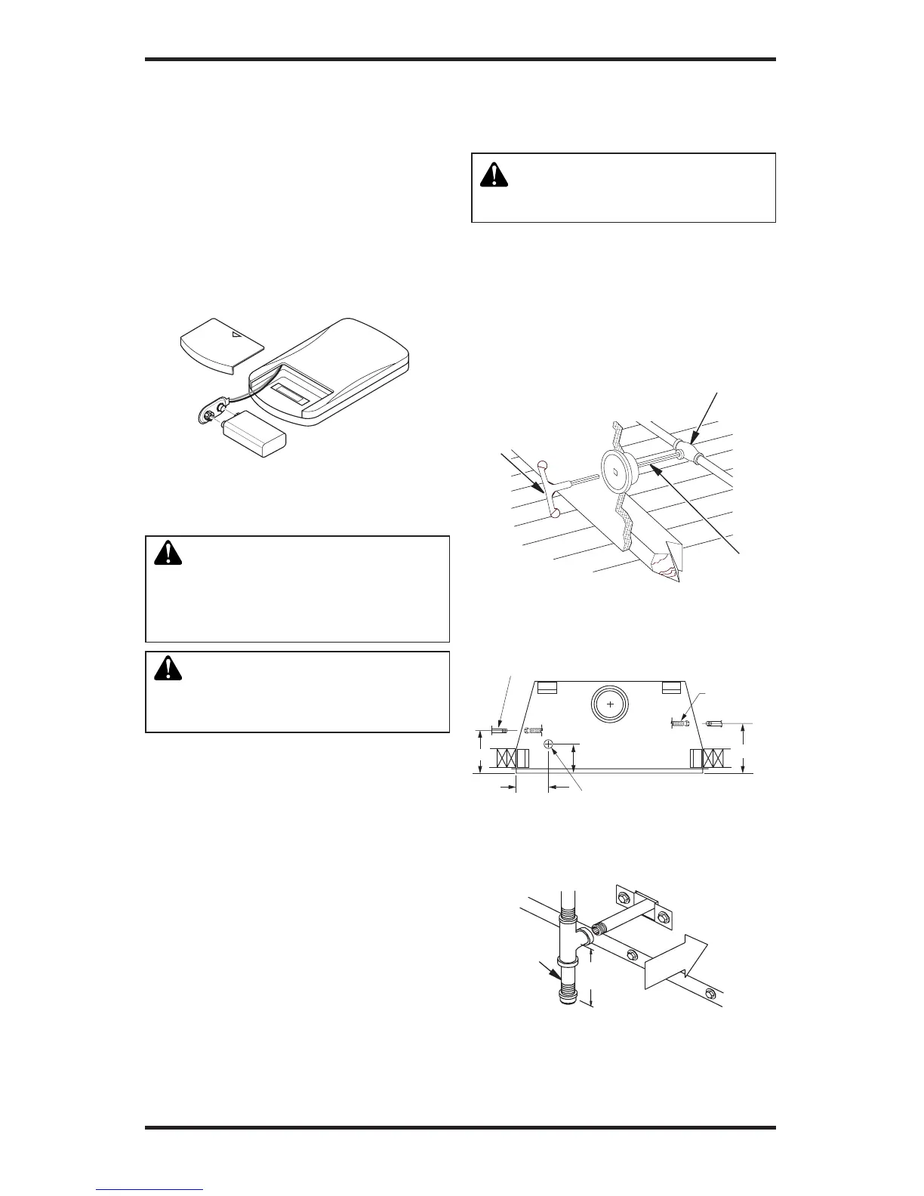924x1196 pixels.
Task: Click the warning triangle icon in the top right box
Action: coord(495,174)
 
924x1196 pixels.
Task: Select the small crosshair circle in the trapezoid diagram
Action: coord(550,745)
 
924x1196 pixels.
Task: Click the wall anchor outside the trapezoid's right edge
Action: coord(716,723)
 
